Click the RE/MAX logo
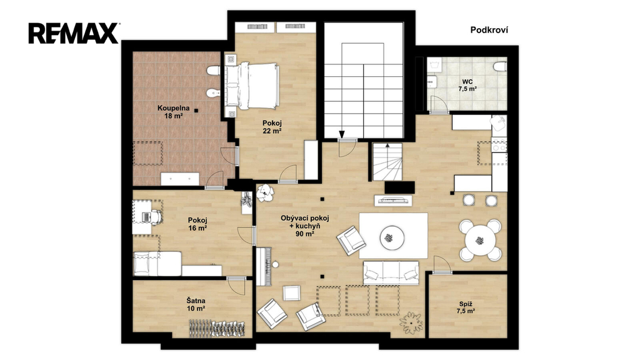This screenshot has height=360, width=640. pyautogui.click(x=74, y=33)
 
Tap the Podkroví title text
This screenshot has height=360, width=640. pyautogui.click(x=489, y=30)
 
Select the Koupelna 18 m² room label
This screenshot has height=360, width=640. pyautogui.click(x=174, y=112)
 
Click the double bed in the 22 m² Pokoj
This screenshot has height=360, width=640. pyautogui.click(x=251, y=86)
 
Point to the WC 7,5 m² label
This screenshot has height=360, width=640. pyautogui.click(x=467, y=85)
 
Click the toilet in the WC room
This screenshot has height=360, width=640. pyautogui.click(x=500, y=66)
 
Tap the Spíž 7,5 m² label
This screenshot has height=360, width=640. pyautogui.click(x=465, y=307)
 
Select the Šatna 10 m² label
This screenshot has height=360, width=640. pyautogui.click(x=196, y=304)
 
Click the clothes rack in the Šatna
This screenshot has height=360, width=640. pyautogui.click(x=217, y=328)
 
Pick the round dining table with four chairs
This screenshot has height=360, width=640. pyautogui.click(x=479, y=240)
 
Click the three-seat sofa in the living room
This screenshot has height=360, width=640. pyautogui.click(x=391, y=272)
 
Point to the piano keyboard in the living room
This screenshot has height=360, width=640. pyautogui.click(x=264, y=266)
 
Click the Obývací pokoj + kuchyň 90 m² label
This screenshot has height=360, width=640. pyautogui.click(x=304, y=226)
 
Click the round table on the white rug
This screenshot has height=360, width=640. pyautogui.click(x=392, y=237)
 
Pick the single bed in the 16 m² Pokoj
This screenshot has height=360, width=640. pyautogui.click(x=157, y=264)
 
